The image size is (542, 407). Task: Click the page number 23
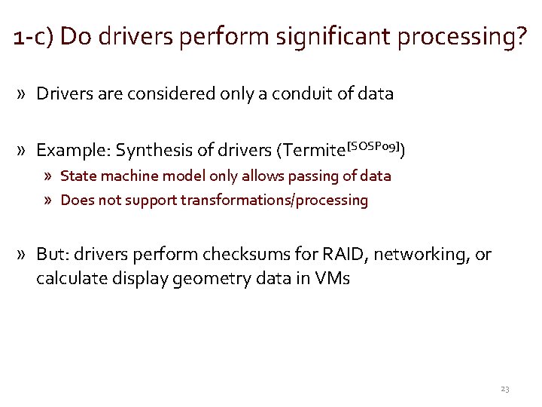click(504, 389)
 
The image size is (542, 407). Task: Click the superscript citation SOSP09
click(373, 145)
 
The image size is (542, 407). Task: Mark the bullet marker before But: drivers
click(25, 255)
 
